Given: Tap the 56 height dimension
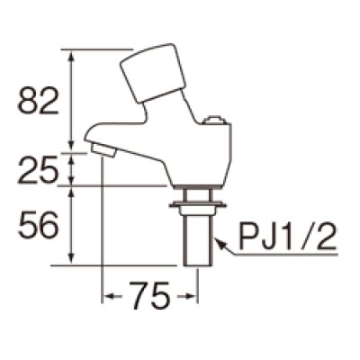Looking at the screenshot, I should [38, 227].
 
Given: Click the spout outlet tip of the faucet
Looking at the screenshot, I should [103, 149].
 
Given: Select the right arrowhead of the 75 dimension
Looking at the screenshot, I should [192, 295].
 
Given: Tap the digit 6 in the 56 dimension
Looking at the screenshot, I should [49, 227].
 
